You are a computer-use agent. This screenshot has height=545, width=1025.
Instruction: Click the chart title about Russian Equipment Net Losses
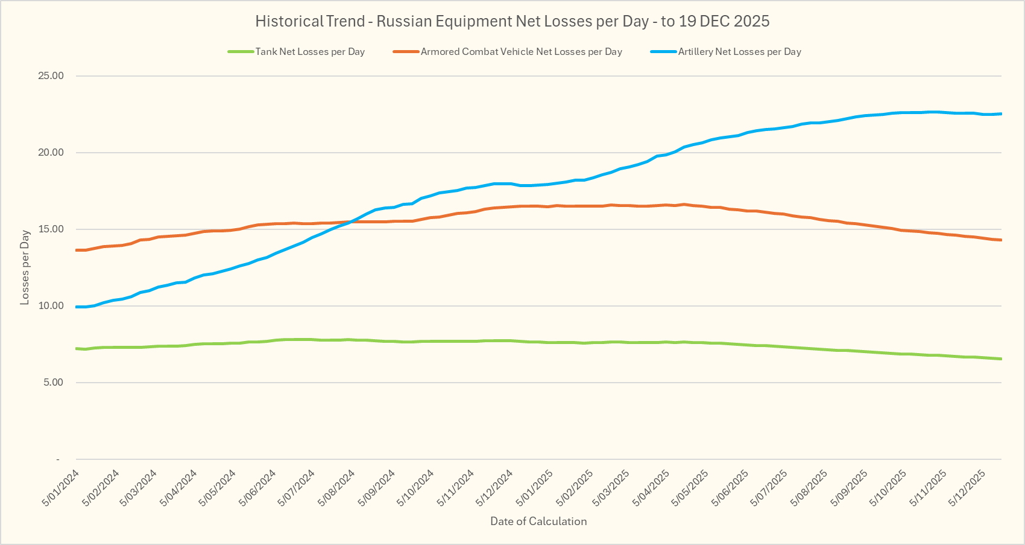[x=512, y=22]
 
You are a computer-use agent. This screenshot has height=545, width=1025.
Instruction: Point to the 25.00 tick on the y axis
[x=51, y=76]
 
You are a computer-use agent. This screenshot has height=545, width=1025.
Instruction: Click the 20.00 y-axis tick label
[x=51, y=153]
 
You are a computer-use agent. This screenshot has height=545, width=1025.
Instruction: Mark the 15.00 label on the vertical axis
[x=51, y=229]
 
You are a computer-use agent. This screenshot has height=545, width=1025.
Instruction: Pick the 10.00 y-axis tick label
[x=51, y=306]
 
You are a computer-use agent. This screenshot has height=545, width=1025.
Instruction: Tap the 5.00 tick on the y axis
[x=53, y=383]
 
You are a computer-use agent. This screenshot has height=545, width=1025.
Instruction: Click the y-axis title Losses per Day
[x=25, y=267]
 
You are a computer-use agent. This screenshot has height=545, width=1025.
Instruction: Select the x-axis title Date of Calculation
[x=538, y=521]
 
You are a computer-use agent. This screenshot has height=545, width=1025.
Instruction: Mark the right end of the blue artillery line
[x=1001, y=113]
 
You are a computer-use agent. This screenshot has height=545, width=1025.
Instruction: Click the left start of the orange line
[x=77, y=250]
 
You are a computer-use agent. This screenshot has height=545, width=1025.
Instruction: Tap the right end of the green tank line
[x=1001, y=359]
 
